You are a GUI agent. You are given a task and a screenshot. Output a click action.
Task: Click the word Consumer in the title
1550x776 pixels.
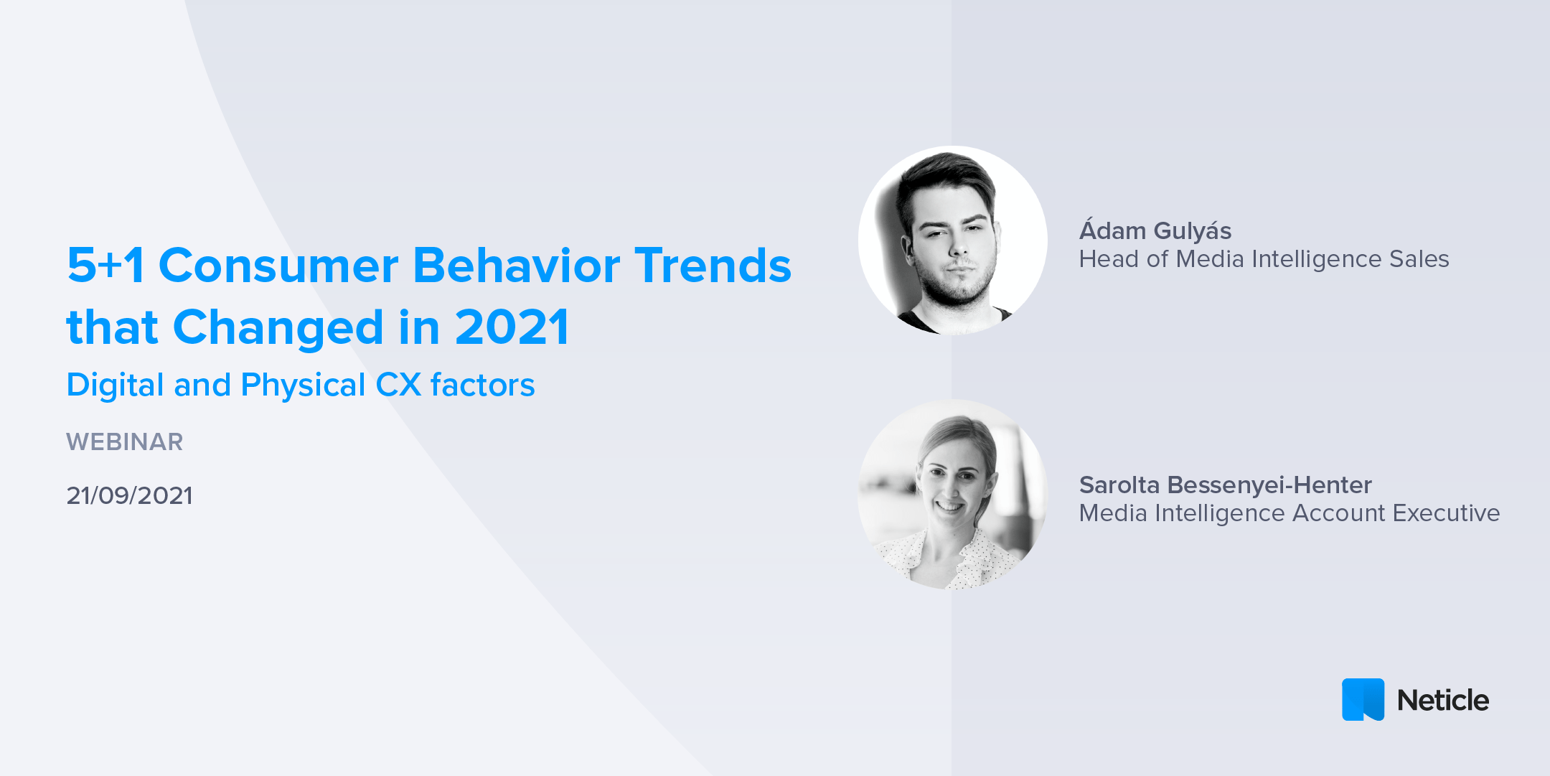[278, 266]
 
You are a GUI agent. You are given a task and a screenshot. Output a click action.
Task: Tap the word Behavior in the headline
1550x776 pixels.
[517, 266]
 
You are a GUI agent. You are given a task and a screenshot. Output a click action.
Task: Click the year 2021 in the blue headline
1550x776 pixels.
[512, 328]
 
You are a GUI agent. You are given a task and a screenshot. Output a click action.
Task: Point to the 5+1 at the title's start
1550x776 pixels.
[105, 266]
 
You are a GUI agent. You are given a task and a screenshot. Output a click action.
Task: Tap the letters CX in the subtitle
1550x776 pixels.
[398, 385]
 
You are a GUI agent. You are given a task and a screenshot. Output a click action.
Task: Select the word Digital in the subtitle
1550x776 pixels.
[115, 385]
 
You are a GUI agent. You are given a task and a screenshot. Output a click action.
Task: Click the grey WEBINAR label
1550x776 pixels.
[124, 441]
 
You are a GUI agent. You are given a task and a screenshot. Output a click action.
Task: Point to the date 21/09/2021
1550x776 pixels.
[129, 495]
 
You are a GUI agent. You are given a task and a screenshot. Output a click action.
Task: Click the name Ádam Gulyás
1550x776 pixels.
[1155, 230]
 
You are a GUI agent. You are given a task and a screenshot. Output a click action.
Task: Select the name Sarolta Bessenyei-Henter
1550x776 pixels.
[1225, 485]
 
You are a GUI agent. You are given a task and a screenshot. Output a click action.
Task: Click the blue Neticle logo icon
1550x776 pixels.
[1362, 699]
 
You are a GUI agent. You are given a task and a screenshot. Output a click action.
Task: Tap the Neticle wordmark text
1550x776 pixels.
[1442, 701]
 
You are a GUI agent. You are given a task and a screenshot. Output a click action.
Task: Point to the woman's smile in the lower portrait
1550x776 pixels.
[949, 506]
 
